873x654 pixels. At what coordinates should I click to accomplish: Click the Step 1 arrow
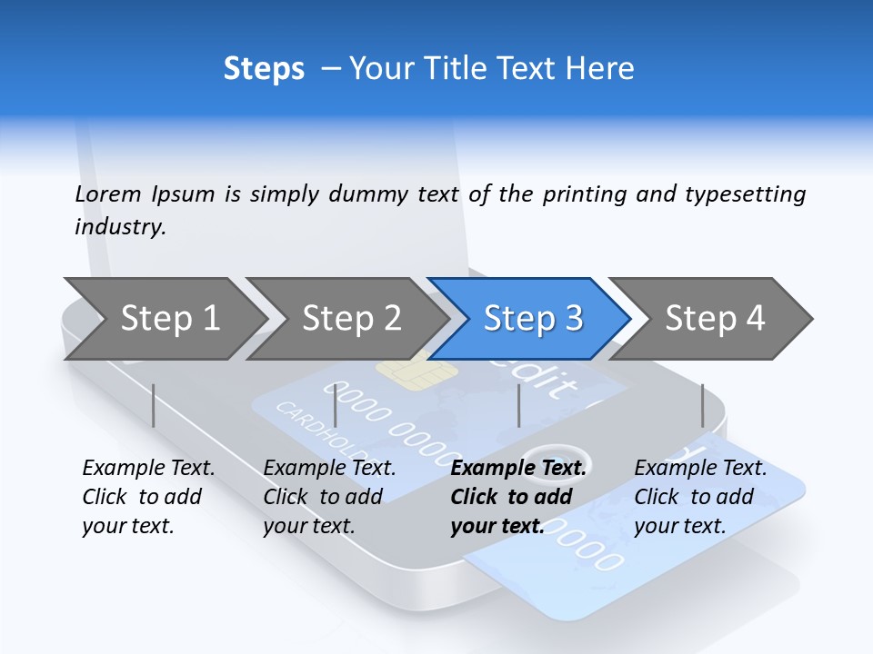pyautogui.click(x=164, y=319)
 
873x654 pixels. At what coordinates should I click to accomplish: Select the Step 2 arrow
pyautogui.click(x=349, y=319)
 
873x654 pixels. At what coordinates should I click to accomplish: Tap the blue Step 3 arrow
pyautogui.click(x=531, y=319)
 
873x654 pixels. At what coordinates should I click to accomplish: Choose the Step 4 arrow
pyautogui.click(x=715, y=319)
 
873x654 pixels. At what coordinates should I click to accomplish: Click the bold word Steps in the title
pyautogui.click(x=264, y=69)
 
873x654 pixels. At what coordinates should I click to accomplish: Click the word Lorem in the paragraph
pyautogui.click(x=107, y=194)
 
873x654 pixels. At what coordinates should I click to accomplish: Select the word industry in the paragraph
pyautogui.click(x=120, y=227)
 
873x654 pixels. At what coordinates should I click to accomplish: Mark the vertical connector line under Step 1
pyautogui.click(x=154, y=405)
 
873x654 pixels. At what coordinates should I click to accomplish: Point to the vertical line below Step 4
pyautogui.click(x=702, y=405)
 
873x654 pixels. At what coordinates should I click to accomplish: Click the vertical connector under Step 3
pyautogui.click(x=518, y=405)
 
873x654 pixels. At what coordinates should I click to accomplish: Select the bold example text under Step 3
pyautogui.click(x=517, y=497)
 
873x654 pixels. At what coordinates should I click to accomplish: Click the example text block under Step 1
pyautogui.click(x=148, y=497)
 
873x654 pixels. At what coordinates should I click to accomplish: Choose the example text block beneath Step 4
pyautogui.click(x=699, y=497)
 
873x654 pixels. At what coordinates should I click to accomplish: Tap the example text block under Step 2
pyautogui.click(x=329, y=497)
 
